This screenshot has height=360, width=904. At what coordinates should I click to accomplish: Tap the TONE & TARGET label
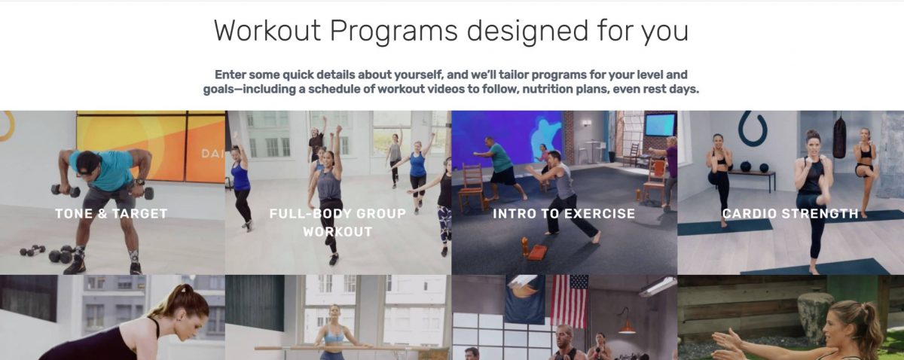[x=111, y=213]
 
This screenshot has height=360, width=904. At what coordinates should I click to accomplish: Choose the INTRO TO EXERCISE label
[x=563, y=213]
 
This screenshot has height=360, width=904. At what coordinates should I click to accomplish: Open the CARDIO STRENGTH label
[x=790, y=213]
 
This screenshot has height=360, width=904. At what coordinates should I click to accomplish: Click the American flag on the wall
[x=570, y=301]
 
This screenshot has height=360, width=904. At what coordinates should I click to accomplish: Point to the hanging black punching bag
[x=839, y=136]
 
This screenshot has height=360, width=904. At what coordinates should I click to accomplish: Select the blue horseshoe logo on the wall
[x=753, y=129]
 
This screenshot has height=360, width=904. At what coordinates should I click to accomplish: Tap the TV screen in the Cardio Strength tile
[x=660, y=124]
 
